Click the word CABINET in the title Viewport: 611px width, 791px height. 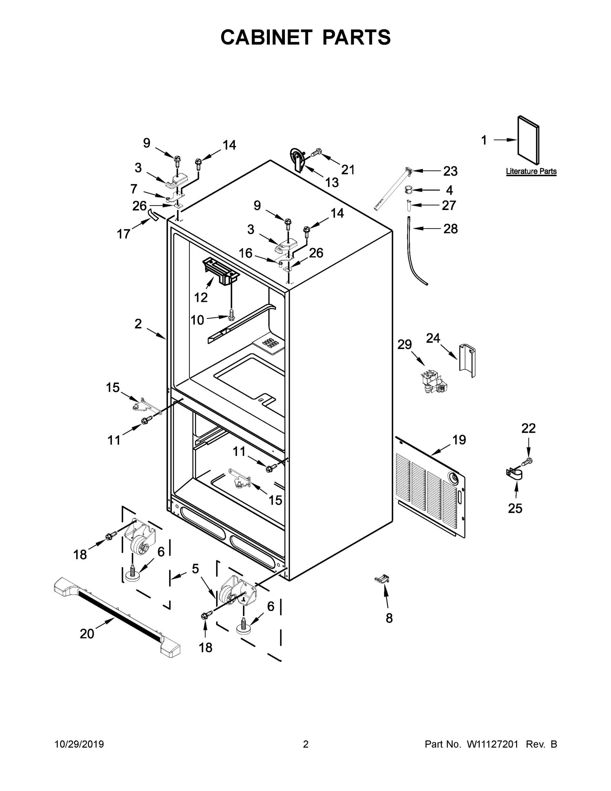(266, 37)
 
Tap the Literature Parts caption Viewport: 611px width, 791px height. (531, 171)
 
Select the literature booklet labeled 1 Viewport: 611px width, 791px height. (528, 140)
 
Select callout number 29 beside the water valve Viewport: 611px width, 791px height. (404, 344)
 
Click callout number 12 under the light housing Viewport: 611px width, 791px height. (201, 297)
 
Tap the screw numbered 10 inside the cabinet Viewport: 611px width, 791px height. (231, 314)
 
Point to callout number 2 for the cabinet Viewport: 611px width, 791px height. (138, 324)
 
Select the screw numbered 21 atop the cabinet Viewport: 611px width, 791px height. (316, 153)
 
